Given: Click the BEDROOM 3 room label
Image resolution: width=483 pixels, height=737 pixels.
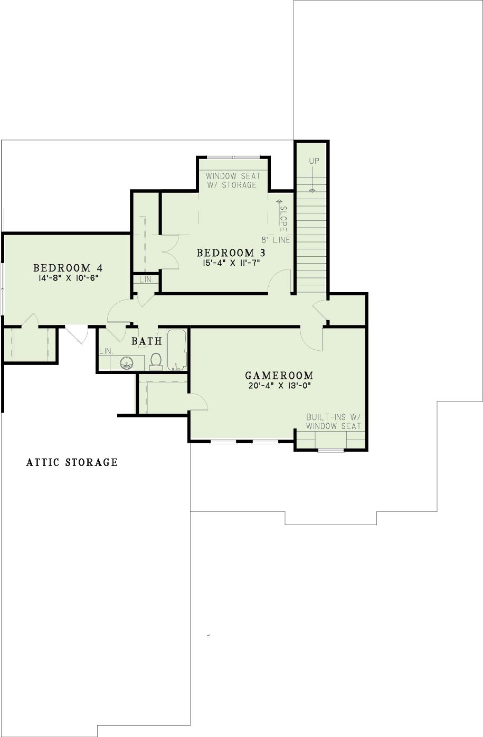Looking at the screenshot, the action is click(231, 253).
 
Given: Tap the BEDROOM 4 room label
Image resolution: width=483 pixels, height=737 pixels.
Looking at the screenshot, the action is click(68, 267).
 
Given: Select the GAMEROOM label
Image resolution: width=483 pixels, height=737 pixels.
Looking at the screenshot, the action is click(279, 376).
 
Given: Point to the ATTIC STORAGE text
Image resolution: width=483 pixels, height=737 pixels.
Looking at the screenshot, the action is click(72, 462).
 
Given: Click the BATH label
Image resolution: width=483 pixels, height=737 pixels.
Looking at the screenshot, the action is click(147, 341).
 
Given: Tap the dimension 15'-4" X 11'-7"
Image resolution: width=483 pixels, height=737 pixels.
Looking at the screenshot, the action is click(231, 263).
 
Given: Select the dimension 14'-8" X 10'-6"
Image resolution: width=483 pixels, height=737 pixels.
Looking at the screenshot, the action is click(69, 278).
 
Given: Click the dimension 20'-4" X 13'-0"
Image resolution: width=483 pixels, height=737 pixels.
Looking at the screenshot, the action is click(280, 386).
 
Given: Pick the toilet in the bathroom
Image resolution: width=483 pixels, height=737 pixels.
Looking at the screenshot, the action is click(156, 361).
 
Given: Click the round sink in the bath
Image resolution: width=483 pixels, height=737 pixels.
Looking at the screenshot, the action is click(127, 363).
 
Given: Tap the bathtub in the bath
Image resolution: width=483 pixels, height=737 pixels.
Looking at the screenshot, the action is click(177, 350).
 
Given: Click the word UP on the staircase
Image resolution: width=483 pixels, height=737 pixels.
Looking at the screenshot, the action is click(314, 161).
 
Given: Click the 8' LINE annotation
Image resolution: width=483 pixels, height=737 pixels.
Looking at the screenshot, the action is click(276, 240).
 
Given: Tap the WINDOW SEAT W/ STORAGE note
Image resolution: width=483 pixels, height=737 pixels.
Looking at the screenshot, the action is click(233, 180).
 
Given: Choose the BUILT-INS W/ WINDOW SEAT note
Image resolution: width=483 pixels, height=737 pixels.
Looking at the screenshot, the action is click(334, 422).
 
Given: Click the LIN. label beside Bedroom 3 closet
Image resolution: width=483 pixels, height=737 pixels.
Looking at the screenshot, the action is click(146, 279).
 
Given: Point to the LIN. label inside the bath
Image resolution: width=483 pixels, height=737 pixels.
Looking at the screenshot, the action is click(106, 351).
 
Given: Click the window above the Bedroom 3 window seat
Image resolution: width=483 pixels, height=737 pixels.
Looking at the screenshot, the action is click(233, 157).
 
